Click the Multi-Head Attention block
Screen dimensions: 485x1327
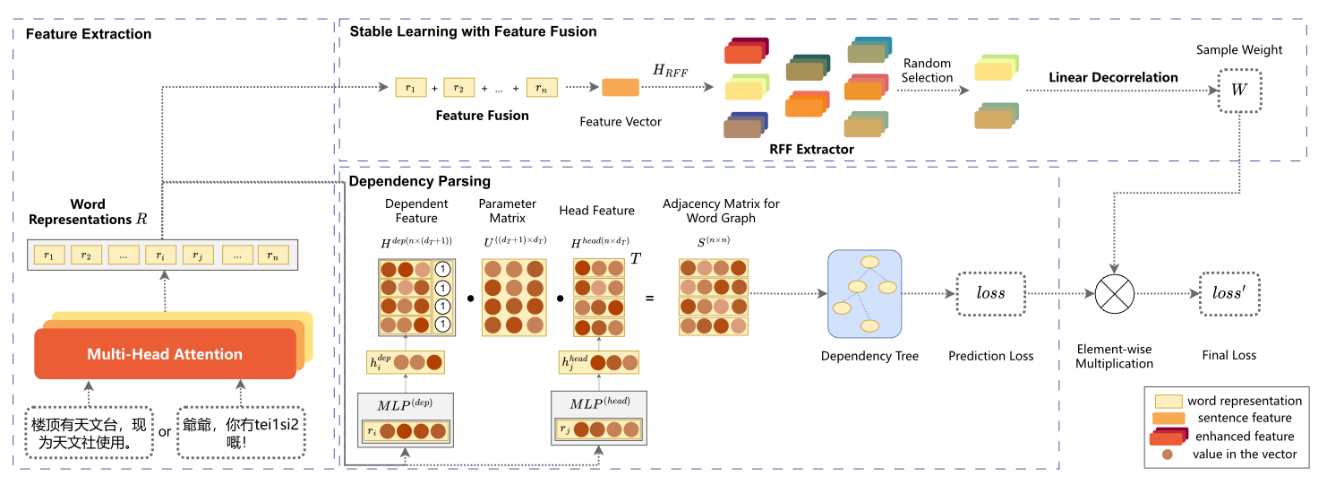click(165, 354)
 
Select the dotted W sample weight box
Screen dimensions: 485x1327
click(1239, 90)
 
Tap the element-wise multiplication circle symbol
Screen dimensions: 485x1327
click(1115, 293)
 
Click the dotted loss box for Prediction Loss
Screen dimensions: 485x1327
click(989, 293)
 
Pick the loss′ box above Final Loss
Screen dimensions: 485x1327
click(1229, 293)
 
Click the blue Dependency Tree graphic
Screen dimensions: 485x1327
click(864, 294)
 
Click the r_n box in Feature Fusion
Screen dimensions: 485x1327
click(542, 88)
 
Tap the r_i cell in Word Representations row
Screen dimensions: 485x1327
click(160, 255)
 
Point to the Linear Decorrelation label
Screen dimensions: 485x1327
click(1113, 77)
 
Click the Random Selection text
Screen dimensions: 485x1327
click(927, 71)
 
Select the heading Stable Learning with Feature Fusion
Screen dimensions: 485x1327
click(473, 31)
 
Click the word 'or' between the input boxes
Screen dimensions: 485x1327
click(165, 431)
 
